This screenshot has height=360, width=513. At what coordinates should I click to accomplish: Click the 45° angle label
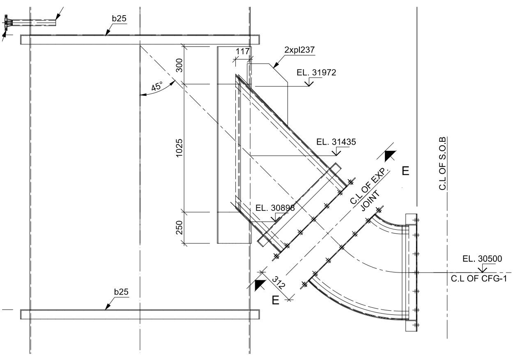point(157,87)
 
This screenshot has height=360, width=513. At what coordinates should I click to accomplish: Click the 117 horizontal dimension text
point(243,51)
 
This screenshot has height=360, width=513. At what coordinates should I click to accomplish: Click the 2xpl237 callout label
point(299,50)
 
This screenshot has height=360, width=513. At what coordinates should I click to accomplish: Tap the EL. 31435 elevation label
point(336,142)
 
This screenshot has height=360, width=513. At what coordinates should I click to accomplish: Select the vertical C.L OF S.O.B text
point(442,163)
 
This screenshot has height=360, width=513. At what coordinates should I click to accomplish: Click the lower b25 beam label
point(121,292)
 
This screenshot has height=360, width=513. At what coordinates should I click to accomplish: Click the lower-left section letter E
point(276,301)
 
